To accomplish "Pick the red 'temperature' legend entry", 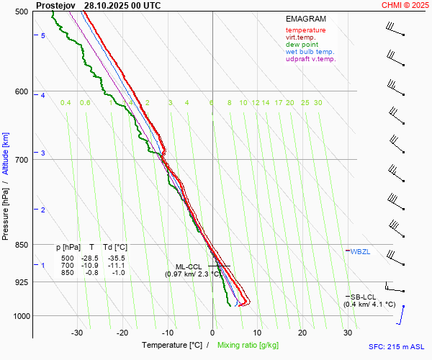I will click(x=305, y=30).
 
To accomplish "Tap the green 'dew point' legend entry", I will click(x=302, y=45).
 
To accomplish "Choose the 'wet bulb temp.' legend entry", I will click(x=310, y=52).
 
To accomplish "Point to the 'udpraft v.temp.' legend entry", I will click(x=310, y=59).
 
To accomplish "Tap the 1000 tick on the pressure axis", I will click(x=20, y=316).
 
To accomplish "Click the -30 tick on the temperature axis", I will click(x=77, y=333).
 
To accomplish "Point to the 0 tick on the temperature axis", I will click(x=212, y=333).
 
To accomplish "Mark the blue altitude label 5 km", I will click(x=43, y=35).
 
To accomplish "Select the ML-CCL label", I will click(x=189, y=266).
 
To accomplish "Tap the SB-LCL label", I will click(x=364, y=297).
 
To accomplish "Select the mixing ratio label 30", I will click(x=318, y=103).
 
